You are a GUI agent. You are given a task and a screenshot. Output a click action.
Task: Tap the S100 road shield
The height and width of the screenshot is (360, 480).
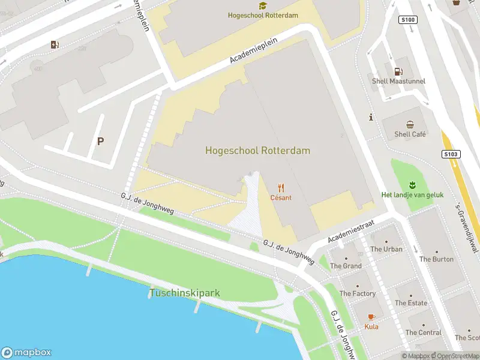tap(407, 20)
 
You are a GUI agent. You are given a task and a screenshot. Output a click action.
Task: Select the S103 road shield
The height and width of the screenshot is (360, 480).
tap(452, 154)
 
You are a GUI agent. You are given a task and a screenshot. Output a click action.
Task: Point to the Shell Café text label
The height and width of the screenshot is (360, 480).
tap(410, 134)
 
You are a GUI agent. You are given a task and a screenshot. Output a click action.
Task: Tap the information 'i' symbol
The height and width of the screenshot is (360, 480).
tap(372, 118)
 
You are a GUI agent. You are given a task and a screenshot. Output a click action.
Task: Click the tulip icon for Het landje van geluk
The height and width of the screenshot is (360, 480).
tap(412, 184)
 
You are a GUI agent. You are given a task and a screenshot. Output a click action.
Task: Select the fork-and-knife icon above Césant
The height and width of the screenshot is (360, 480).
tap(280, 188)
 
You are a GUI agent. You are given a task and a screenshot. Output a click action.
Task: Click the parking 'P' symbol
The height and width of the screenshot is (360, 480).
tap(101, 142)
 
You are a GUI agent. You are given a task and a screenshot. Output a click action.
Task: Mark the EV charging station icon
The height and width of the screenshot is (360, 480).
tap(55, 44)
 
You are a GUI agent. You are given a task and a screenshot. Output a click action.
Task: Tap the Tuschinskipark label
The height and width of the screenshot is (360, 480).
tap(184, 293)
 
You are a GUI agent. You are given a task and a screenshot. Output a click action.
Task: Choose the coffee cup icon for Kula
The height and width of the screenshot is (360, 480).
tap(371, 316)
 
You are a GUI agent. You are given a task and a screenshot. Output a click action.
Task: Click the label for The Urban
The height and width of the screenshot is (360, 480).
tap(386, 249)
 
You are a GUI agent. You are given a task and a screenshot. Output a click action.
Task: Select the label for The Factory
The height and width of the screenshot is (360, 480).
tap(358, 293)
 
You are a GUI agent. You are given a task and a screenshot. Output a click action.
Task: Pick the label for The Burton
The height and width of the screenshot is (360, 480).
tap(436, 259)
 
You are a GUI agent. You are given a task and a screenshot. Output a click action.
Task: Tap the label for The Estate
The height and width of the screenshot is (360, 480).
tap(411, 303)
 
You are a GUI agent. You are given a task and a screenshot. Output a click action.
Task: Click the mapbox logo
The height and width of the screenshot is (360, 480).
tap(26, 353)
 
